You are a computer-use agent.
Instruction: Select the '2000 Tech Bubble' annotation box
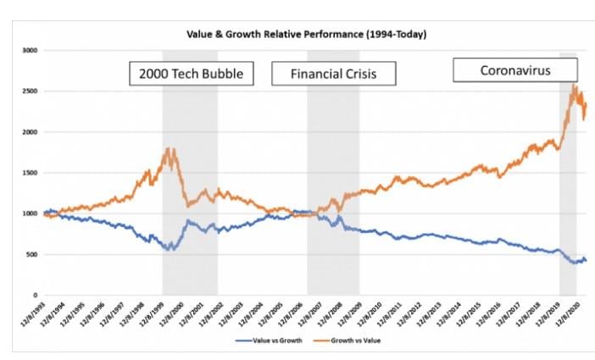[x=192, y=74]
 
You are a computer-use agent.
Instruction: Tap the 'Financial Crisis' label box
[x=334, y=74]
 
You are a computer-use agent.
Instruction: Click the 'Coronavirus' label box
[x=515, y=70]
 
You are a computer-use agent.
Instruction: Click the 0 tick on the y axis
[x=35, y=296]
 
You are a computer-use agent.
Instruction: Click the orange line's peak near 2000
[x=172, y=150]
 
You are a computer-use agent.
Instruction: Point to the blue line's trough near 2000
[x=170, y=249]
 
